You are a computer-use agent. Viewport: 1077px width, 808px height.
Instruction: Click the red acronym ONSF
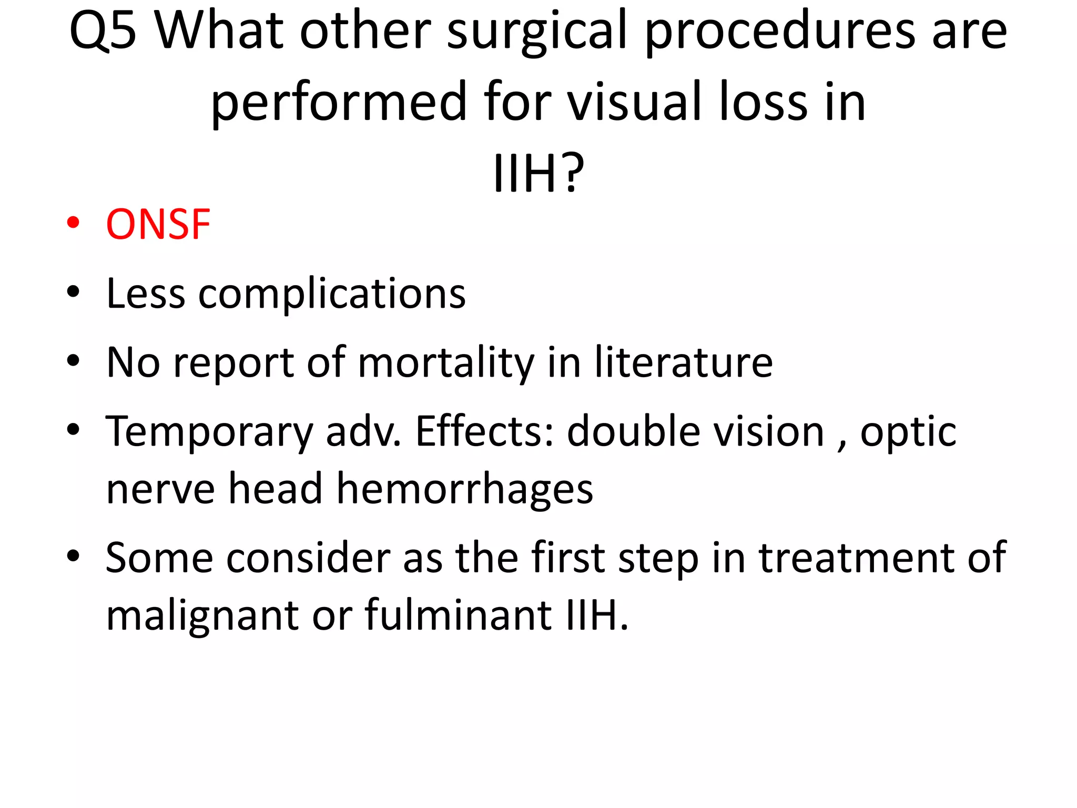click(x=158, y=225)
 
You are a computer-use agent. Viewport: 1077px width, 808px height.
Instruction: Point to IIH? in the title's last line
click(x=538, y=174)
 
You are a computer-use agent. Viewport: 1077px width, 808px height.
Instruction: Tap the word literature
click(x=684, y=363)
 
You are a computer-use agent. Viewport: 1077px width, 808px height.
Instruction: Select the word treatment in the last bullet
click(x=857, y=558)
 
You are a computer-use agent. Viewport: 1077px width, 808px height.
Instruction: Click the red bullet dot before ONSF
click(x=73, y=223)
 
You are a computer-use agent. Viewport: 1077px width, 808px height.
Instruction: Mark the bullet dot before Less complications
click(x=73, y=291)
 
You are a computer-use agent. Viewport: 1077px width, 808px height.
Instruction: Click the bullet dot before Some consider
click(x=73, y=555)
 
